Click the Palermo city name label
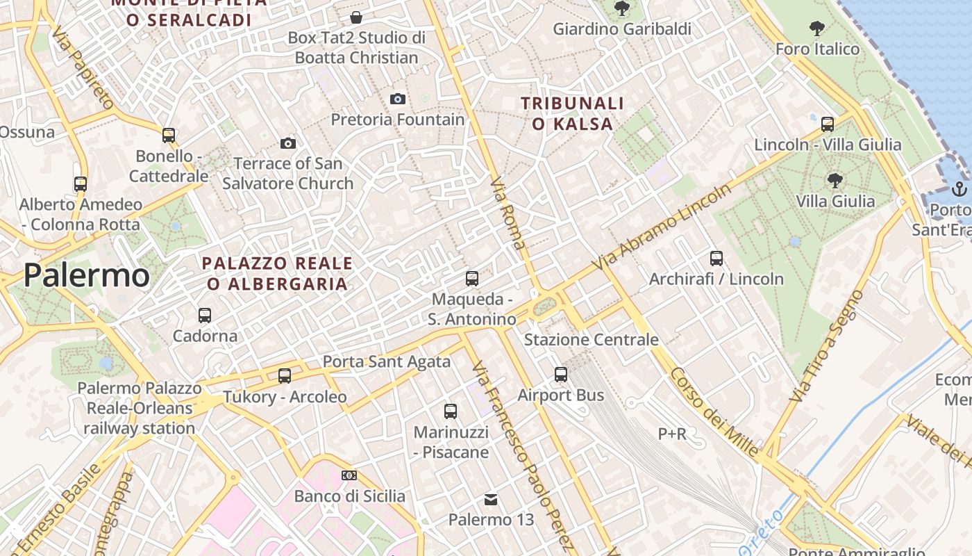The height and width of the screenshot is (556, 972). (86, 276)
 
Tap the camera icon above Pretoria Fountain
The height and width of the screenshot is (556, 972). (397, 99)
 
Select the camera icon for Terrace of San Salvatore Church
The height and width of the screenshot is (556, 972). (288, 143)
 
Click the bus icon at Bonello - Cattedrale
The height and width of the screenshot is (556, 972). (169, 135)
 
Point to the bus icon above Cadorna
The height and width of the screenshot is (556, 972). (205, 315)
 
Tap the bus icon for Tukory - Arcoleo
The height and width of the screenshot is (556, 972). (285, 375)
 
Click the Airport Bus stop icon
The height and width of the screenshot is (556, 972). (561, 374)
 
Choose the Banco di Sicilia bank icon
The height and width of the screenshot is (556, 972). (349, 475)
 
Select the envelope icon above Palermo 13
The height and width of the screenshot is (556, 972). (491, 499)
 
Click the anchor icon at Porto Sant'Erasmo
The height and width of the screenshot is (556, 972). (959, 188)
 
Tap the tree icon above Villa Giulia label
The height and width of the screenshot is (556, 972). (835, 181)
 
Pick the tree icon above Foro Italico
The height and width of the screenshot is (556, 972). (817, 28)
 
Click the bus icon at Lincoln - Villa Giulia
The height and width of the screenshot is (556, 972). (828, 124)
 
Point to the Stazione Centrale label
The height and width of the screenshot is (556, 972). (591, 340)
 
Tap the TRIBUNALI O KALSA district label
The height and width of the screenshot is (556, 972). (573, 114)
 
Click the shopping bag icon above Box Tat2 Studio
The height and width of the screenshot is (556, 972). (356, 17)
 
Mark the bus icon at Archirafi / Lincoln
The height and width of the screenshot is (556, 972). (717, 258)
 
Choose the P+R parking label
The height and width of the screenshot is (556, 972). (672, 434)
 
